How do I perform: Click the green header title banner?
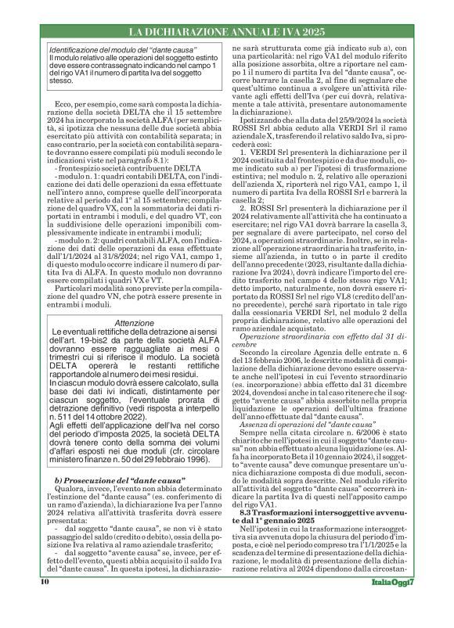click(227, 31)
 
